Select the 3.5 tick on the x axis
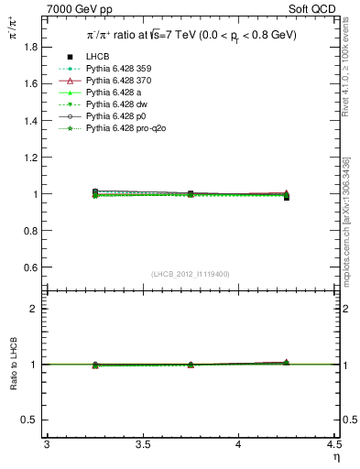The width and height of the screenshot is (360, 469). [x=142, y=445]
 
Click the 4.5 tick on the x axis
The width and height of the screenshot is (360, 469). [x=334, y=445]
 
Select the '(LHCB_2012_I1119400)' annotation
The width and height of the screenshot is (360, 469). [x=191, y=274]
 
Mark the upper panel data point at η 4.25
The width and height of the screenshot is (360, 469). [x=287, y=196]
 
